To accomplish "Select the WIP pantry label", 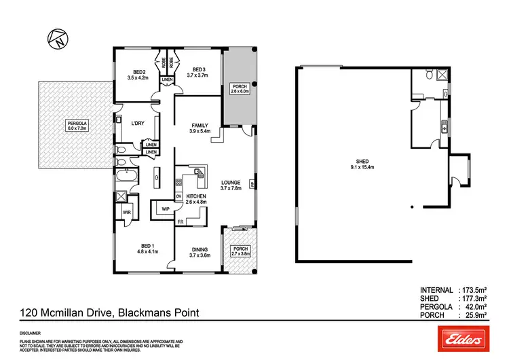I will [x=165, y=209].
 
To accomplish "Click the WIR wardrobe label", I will [x=126, y=213].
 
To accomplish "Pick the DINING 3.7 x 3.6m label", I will [x=199, y=252].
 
